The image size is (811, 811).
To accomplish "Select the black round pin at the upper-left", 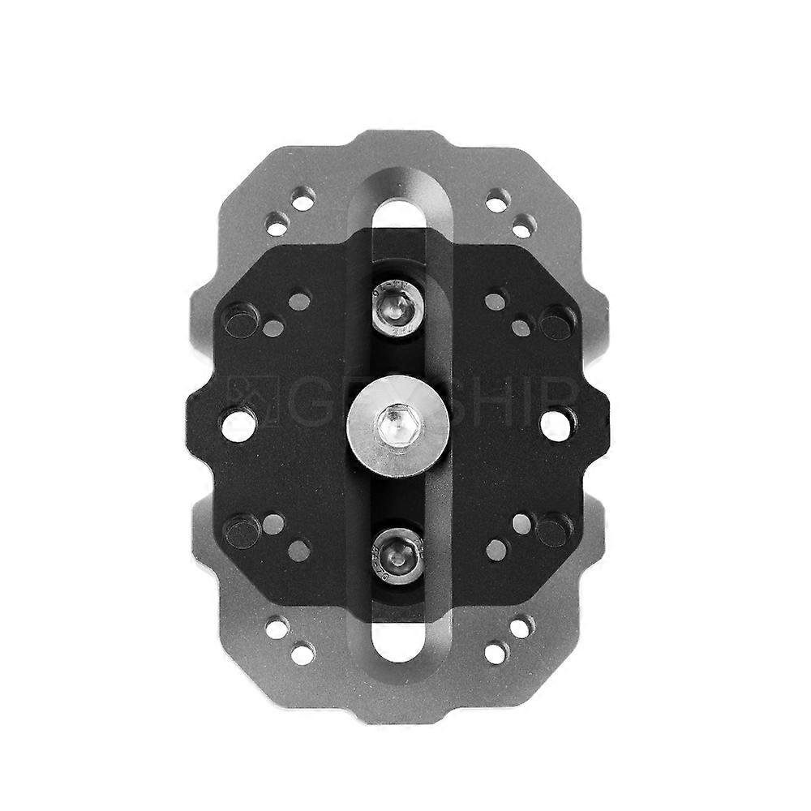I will point(241,322).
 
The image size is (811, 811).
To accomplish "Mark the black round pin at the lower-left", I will point(241,531).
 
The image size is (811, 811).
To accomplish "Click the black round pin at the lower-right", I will point(553,531).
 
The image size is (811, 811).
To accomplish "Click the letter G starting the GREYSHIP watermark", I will point(298,402).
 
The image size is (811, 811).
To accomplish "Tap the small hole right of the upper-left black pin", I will point(274,328).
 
